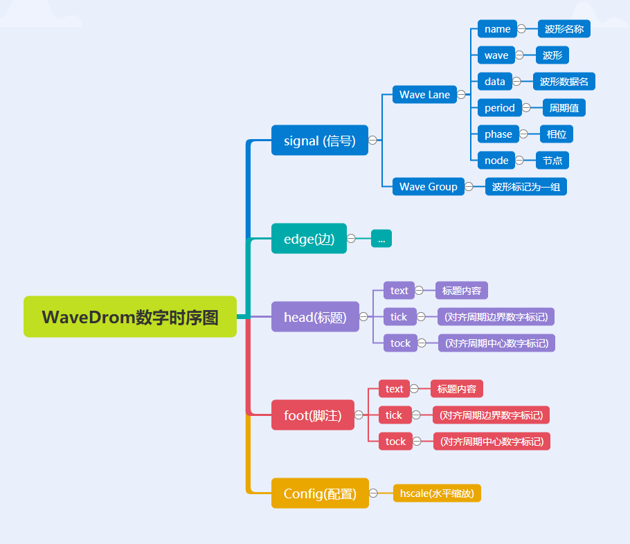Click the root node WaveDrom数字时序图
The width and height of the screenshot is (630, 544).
tap(130, 317)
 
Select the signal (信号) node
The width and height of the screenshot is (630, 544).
tap(319, 140)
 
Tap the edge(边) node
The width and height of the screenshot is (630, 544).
tap(309, 239)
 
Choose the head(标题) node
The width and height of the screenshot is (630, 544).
tap(315, 317)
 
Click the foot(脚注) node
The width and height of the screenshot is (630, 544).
tap(312, 415)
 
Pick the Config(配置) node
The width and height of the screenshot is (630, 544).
tap(320, 493)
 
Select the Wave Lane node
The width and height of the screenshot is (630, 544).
tap(424, 95)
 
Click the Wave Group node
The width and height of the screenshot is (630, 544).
tap(428, 187)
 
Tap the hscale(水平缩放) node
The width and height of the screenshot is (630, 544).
tap(437, 493)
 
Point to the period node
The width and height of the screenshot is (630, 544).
tap(499, 108)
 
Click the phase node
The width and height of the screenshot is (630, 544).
tap(498, 134)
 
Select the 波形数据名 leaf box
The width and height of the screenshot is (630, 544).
tap(564, 82)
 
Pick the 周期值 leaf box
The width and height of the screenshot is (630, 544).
tap(564, 108)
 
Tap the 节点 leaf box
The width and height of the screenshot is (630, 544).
tap(552, 161)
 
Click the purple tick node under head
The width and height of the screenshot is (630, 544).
tap(399, 317)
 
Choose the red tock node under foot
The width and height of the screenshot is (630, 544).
tap(395, 442)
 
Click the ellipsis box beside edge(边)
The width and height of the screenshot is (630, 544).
tap(381, 239)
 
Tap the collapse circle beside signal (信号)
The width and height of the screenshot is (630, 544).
tap(372, 140)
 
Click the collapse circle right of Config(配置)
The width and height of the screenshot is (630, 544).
tap(373, 493)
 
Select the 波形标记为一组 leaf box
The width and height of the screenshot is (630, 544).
tap(525, 187)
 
